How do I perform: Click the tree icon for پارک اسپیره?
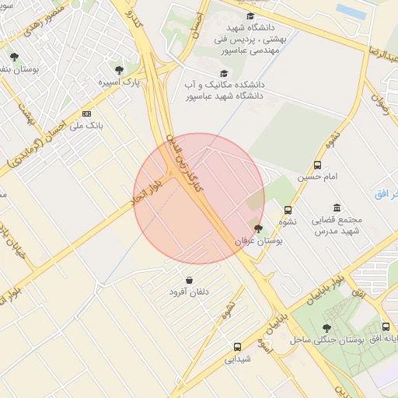[119, 70]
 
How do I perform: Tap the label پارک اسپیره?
[118, 82]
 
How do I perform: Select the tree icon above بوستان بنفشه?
[14, 57]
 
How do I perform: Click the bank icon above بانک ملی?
[86, 113]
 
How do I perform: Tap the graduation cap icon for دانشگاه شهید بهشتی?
[250, 16]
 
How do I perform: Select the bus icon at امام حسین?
[317, 165]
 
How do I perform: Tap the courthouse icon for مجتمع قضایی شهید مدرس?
[336, 208]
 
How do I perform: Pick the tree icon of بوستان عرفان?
[258, 229]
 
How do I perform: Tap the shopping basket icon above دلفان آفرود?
[190, 280]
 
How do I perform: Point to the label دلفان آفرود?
[190, 292]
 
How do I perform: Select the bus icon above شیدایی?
[237, 347]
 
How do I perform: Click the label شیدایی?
[237, 359]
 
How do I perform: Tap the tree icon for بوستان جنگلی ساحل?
[326, 328]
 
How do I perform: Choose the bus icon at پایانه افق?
[386, 328]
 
